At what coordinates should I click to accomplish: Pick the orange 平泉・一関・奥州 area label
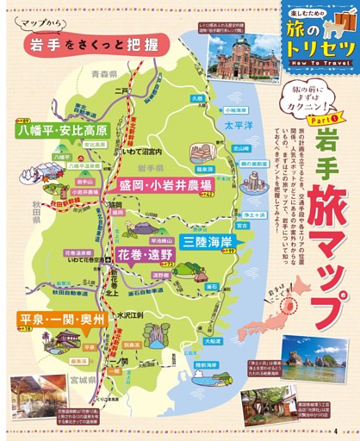pyautogui.click(x=64, y=320)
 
